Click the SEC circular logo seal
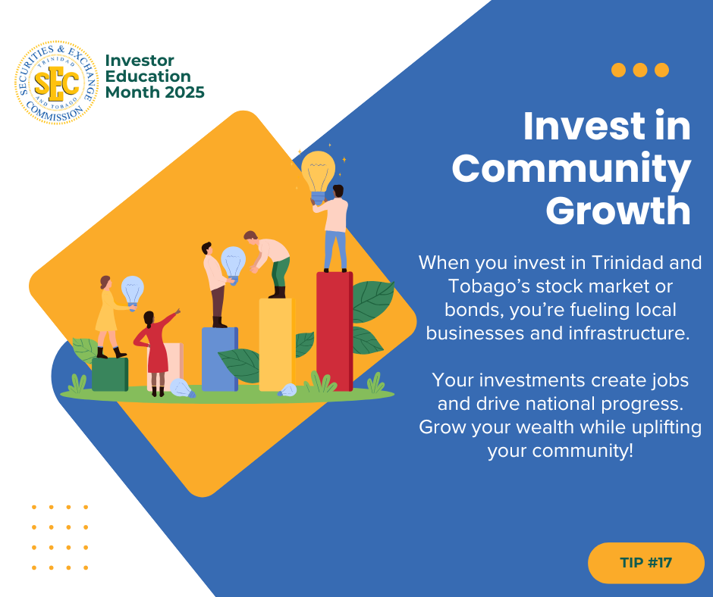pyautogui.click(x=57, y=83)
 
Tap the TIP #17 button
pyautogui.click(x=645, y=563)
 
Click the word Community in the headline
pyautogui.click(x=572, y=168)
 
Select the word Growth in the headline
pyautogui.click(x=618, y=211)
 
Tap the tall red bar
pyautogui.click(x=335, y=331)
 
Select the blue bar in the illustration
pyautogui.click(x=220, y=359)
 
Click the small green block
pyautogui.click(x=110, y=374)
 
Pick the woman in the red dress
pyautogui.click(x=155, y=353)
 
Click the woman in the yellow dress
pyautogui.click(x=109, y=317)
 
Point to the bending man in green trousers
pyautogui.click(x=269, y=264)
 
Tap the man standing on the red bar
pyautogui.click(x=334, y=228)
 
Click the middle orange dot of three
pyautogui.click(x=639, y=70)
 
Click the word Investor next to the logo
pyautogui.click(x=140, y=61)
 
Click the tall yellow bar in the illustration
pyautogui.click(x=277, y=345)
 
